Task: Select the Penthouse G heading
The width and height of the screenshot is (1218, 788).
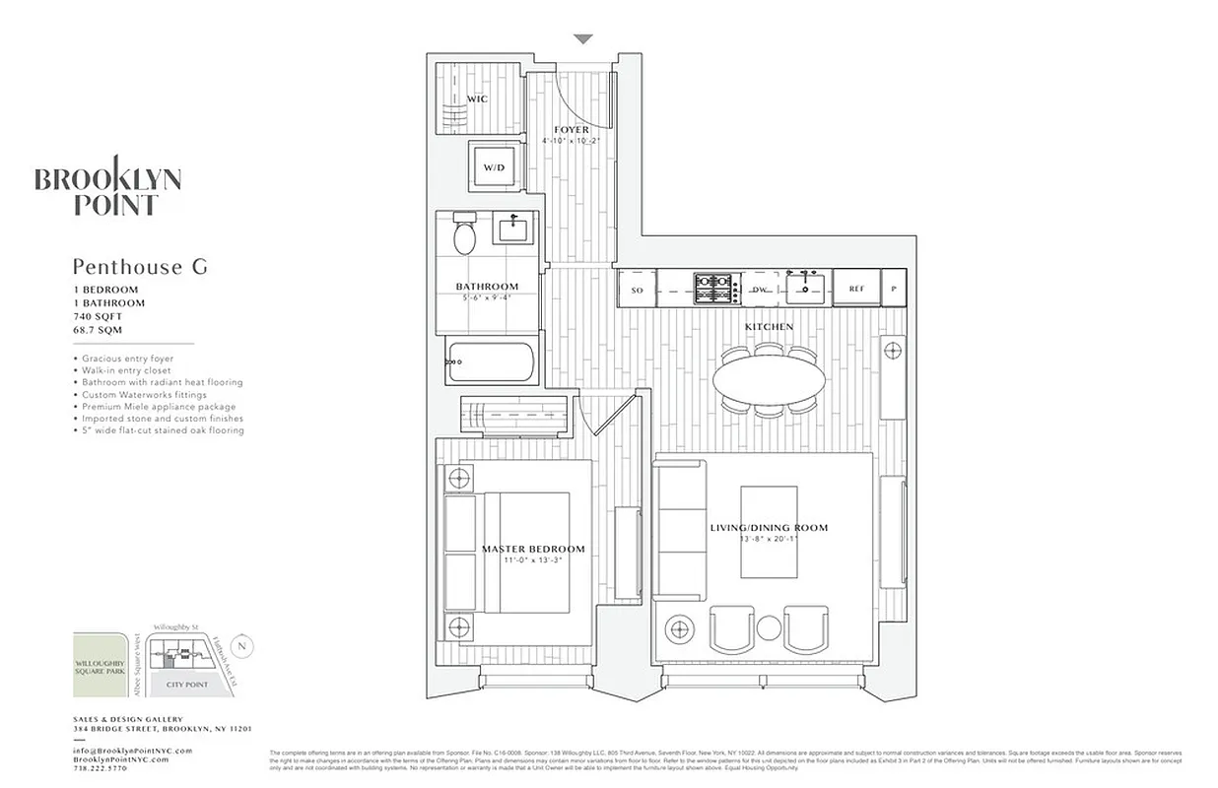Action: [x=140, y=266]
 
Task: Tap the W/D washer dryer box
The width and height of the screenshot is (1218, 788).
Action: [x=494, y=167]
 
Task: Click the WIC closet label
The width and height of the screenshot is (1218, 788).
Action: [x=477, y=99]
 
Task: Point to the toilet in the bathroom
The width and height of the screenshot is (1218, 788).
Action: [x=461, y=236]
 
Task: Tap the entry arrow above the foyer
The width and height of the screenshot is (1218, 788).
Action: [x=583, y=39]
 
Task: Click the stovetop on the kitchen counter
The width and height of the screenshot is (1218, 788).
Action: [x=716, y=289]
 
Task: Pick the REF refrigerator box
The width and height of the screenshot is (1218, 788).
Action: [x=855, y=290]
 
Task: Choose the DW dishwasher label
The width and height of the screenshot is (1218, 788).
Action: [x=760, y=290]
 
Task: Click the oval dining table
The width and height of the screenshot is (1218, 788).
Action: [x=770, y=378]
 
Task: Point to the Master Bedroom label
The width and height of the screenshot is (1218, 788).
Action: [x=533, y=549]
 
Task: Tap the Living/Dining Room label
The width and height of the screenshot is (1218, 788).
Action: [x=769, y=528]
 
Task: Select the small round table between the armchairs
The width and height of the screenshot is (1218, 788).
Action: [x=770, y=627]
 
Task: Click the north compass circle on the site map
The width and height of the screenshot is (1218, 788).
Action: [x=244, y=646]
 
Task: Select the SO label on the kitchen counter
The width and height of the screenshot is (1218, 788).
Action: [x=637, y=290]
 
